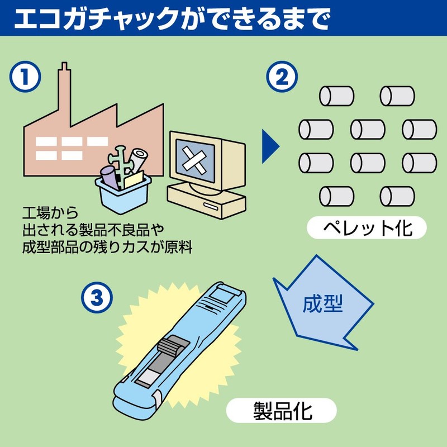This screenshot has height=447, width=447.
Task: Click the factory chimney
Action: [65, 84]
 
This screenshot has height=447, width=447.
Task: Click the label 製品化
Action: [281, 411]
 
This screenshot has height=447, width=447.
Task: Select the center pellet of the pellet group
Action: [368, 129]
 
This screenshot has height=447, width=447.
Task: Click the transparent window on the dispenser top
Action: [226, 295]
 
